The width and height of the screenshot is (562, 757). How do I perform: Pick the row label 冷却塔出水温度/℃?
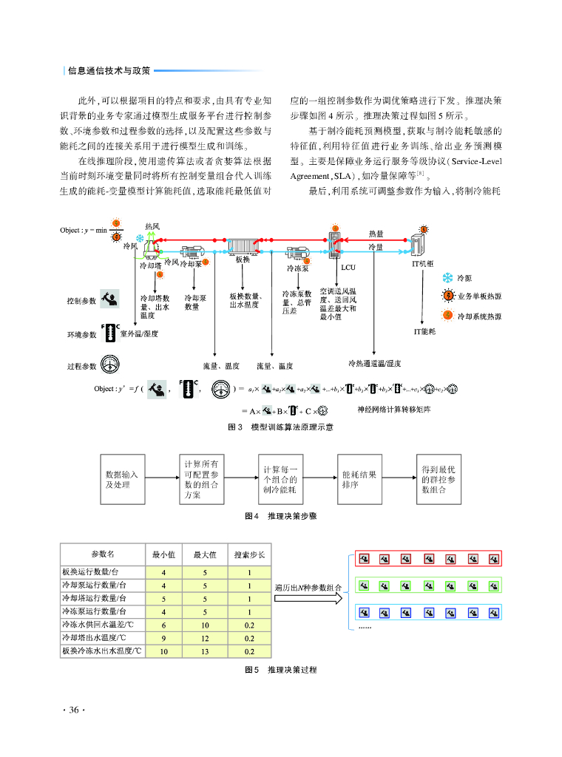click(x=93, y=637)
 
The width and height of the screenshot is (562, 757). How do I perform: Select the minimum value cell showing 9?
click(x=163, y=637)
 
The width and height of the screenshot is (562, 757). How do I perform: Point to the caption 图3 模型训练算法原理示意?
click(x=280, y=427)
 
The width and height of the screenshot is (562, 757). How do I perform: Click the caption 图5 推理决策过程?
click(x=280, y=670)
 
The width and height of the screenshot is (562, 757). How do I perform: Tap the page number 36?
click(x=73, y=710)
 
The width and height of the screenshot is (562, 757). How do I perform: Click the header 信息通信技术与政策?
click(x=109, y=71)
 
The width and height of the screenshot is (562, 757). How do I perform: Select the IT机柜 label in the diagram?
click(x=421, y=262)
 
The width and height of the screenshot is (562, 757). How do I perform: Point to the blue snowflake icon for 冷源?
click(x=447, y=278)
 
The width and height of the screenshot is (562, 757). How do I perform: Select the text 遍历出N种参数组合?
click(x=307, y=588)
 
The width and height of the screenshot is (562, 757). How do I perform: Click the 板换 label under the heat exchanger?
click(x=243, y=259)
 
